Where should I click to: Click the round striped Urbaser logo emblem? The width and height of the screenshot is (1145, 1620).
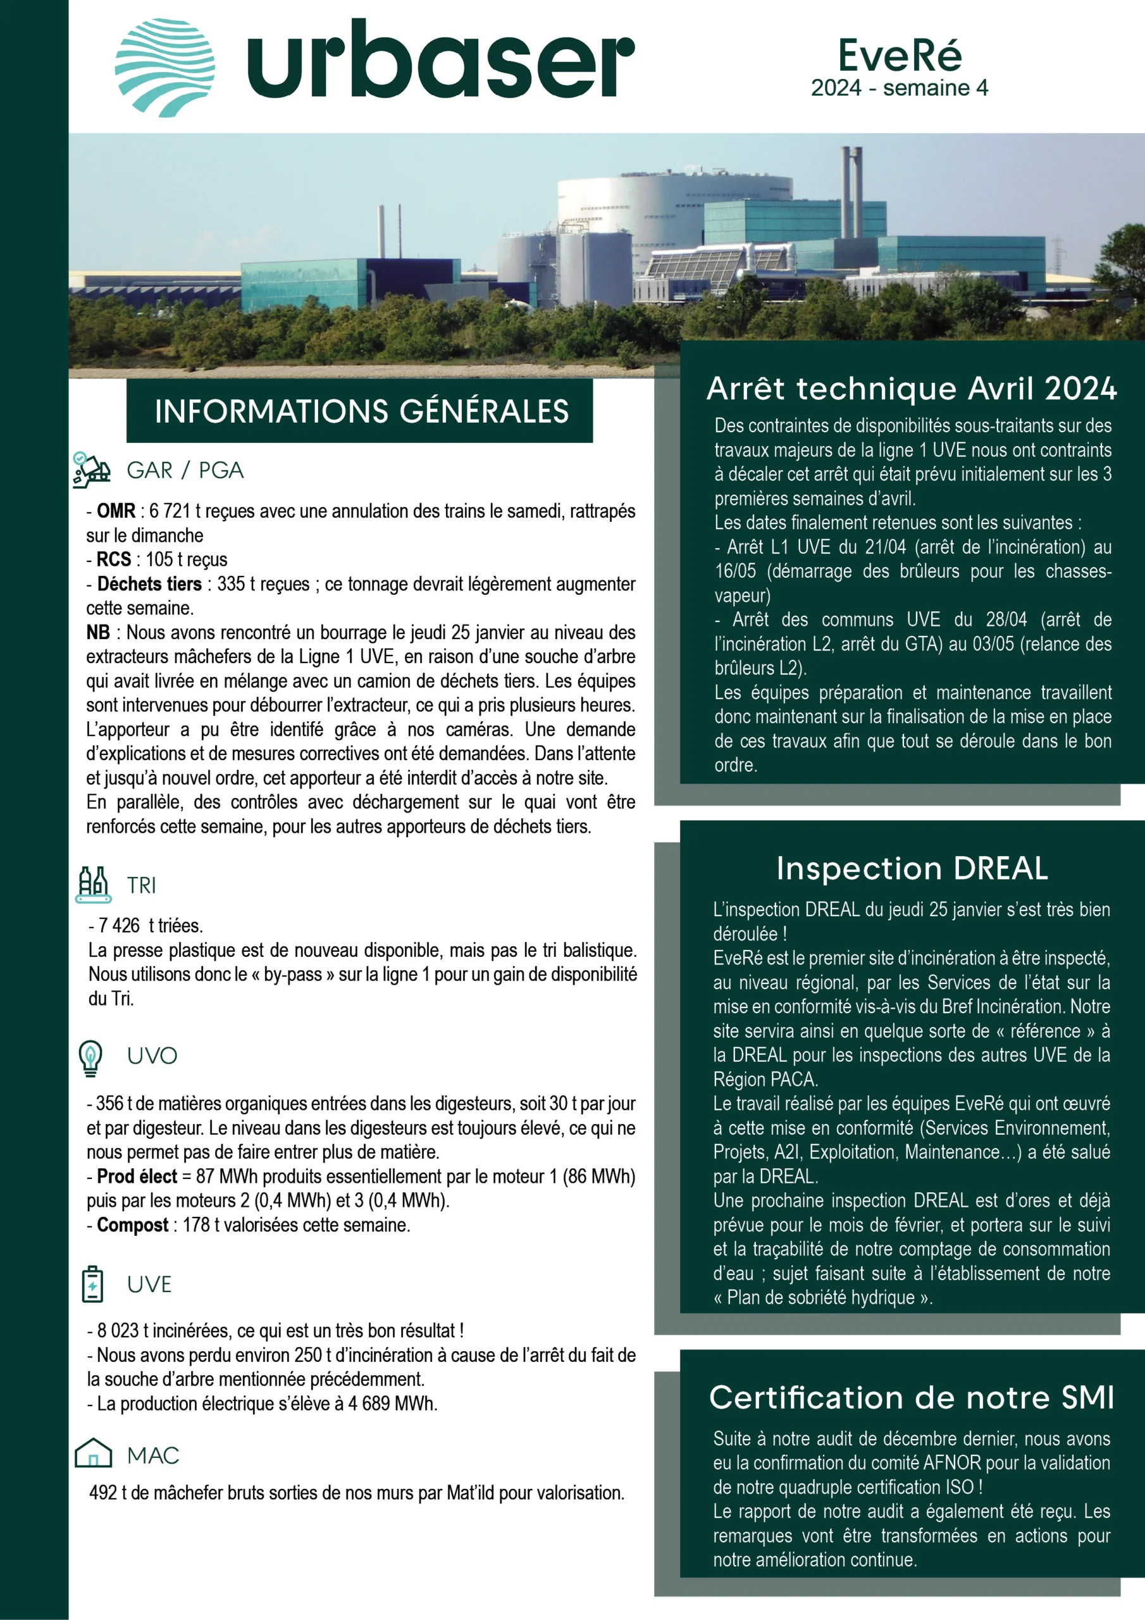click(x=165, y=67)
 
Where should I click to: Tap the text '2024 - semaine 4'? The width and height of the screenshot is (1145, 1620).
click(x=900, y=88)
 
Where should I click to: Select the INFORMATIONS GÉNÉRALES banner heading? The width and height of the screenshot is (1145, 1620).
click(x=361, y=411)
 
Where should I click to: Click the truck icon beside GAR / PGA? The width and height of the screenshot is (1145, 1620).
click(x=92, y=470)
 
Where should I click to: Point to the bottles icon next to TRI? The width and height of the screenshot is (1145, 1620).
click(x=92, y=884)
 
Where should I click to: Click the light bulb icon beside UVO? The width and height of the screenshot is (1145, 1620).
click(x=90, y=1057)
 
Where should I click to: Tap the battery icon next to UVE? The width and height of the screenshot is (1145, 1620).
click(x=92, y=1284)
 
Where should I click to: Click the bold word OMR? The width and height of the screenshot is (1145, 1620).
click(x=116, y=511)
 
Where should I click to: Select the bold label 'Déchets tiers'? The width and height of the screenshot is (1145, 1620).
click(x=149, y=584)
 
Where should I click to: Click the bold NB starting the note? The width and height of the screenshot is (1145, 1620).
click(x=98, y=632)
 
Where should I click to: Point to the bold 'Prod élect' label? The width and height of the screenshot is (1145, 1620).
click(x=137, y=1176)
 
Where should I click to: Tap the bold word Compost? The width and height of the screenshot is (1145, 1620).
click(x=133, y=1225)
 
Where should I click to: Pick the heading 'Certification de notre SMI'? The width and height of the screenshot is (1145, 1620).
click(x=912, y=1397)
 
